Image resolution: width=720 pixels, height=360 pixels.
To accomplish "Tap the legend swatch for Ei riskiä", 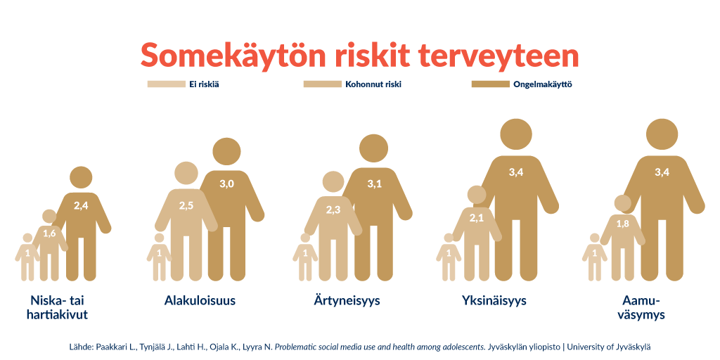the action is tap(166, 84).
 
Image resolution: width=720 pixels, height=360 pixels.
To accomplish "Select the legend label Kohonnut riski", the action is tap(373, 84).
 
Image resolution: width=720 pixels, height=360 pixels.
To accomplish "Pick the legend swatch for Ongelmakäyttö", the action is tap(490, 84).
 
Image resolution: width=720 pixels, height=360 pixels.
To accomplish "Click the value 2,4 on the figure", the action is tap(81, 205).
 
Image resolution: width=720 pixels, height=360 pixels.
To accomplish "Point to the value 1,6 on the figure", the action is tap(49, 233).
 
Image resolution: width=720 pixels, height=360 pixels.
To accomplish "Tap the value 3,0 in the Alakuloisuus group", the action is tap(227, 184).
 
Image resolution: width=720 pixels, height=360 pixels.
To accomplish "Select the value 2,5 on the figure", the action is tap(186, 206).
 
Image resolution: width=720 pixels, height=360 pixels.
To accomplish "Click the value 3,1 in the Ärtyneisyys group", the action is tap(375, 184).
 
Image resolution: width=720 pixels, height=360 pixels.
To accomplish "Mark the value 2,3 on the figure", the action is tap(333, 211).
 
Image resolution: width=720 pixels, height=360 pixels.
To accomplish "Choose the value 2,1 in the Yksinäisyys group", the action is tap(476, 218).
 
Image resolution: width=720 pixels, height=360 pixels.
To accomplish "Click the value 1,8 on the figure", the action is tap(623, 224).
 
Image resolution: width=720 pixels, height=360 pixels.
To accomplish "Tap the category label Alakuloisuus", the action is tap(200, 301).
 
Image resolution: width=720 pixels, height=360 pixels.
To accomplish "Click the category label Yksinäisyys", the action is tap(494, 301).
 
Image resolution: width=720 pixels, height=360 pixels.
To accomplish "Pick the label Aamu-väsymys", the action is tap(641, 308).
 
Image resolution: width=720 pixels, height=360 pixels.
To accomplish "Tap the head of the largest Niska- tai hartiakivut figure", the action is tap(82, 177).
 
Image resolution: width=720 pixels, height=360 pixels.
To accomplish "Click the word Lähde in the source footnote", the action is tap(79, 347).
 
